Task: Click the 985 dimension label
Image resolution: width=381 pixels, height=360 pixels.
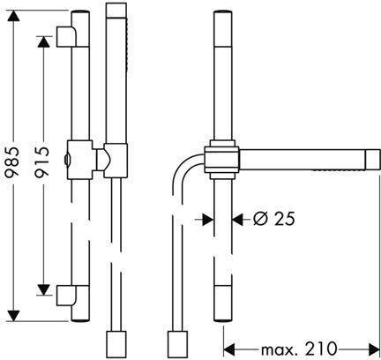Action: (12, 161)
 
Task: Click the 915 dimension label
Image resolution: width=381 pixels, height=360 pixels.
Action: (41, 162)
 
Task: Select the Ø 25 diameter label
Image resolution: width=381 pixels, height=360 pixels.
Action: (273, 219)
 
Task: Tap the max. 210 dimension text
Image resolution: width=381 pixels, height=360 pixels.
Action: (298, 349)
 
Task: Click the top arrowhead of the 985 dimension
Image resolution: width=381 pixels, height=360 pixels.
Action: (13, 16)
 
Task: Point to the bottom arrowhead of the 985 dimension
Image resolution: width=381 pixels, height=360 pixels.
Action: (13, 316)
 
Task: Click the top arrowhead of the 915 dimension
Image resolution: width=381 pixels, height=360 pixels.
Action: (43, 41)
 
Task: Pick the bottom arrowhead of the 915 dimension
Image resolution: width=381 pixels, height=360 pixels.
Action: (43, 290)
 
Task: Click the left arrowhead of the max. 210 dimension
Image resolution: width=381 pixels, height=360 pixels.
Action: (229, 349)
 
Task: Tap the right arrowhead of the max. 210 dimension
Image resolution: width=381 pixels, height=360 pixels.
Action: (374, 349)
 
